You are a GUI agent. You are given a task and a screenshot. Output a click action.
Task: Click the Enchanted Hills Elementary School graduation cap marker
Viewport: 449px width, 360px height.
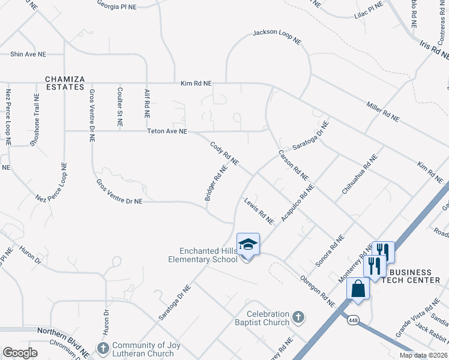(248, 245)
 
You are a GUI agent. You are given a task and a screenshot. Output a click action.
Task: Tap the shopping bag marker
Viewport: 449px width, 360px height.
(358, 289)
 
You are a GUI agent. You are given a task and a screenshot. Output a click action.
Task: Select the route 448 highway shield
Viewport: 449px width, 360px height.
(351, 321)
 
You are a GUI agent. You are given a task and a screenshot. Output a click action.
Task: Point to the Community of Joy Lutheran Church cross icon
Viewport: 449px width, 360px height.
(103, 347)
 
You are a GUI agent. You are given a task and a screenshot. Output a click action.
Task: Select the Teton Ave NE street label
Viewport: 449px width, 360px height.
(167, 131)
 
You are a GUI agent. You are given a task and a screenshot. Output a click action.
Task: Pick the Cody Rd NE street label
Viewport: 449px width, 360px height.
(224, 154)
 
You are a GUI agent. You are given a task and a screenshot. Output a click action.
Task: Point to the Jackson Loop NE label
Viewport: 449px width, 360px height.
(277, 35)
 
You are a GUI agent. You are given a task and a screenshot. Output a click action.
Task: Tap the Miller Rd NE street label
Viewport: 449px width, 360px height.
(382, 112)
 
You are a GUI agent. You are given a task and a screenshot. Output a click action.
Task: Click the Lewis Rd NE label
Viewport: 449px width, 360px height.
(259, 211)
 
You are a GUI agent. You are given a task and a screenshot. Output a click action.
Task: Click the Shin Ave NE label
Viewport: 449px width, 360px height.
(28, 54)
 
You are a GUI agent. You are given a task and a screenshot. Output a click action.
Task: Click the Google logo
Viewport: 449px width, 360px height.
(20, 352)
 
